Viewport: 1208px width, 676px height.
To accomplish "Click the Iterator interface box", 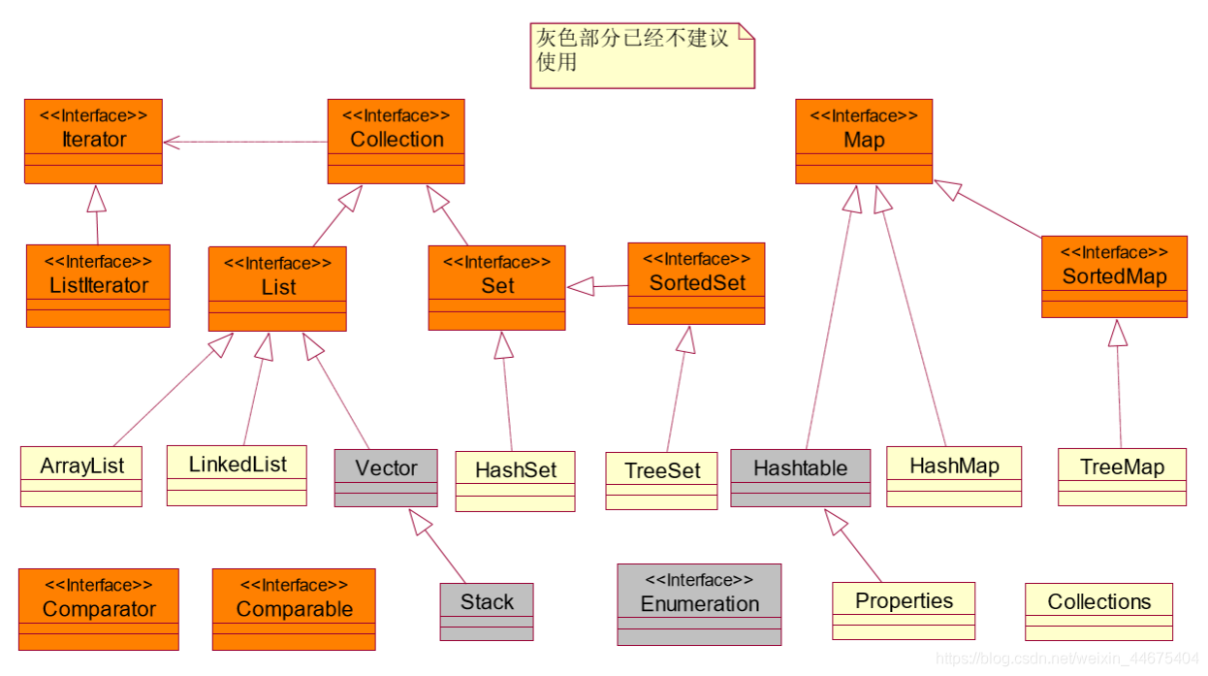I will click(93, 141).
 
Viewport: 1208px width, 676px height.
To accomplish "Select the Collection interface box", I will click(396, 141).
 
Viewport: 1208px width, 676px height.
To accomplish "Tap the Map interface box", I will click(864, 141).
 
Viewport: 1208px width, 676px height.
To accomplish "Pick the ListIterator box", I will click(98, 285).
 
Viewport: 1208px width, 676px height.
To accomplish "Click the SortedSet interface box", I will click(696, 283).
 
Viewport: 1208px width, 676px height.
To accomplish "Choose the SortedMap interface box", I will click(1114, 276).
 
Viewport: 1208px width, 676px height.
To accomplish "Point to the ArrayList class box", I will click(81, 475).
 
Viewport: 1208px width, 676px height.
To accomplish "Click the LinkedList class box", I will click(237, 474).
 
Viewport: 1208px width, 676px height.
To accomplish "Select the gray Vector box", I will click(386, 477).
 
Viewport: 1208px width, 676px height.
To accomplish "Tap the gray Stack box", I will click(487, 611).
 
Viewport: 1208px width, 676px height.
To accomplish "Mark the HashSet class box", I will click(516, 480).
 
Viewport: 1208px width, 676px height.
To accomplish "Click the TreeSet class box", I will click(661, 480).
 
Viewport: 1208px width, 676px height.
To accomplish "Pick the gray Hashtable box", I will click(800, 477).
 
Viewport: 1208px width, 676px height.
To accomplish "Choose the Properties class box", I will click(904, 610).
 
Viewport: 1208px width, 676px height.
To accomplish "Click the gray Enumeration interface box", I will click(699, 604).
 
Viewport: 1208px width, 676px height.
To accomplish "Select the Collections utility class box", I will click(1098, 611).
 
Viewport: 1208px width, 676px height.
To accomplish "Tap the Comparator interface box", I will click(99, 608).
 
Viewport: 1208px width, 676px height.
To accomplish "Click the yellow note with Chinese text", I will click(642, 55).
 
